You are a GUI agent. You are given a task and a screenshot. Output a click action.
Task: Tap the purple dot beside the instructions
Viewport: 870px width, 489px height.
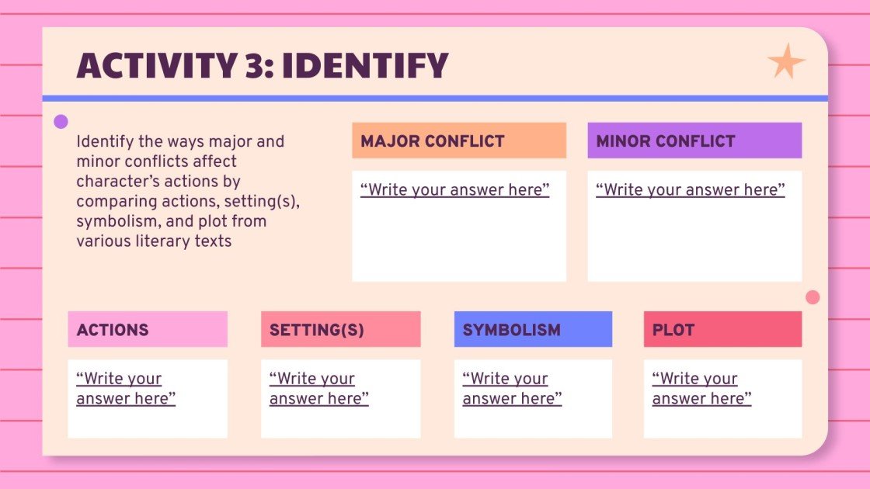point(61,121)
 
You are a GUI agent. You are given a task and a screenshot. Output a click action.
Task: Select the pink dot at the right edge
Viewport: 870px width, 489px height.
point(813,297)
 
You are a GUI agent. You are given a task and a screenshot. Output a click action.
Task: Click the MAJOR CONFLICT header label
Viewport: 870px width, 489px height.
point(432,141)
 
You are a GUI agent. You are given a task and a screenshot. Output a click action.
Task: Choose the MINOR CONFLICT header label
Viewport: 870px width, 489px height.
point(665,141)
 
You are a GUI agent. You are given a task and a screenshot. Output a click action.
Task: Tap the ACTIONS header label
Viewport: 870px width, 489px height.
point(113,330)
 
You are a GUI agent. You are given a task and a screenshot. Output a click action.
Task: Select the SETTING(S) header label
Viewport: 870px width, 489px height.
point(317,330)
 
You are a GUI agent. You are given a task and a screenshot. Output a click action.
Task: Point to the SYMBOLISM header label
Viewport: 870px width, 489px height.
point(512,330)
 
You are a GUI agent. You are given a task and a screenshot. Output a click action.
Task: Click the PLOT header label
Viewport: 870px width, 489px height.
point(673,330)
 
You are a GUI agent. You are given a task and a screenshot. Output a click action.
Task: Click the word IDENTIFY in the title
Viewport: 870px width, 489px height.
point(365,65)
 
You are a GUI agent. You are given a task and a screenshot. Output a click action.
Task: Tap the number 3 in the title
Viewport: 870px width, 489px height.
point(256,65)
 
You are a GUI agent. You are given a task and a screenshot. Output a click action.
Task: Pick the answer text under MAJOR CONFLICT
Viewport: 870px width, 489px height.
point(455,189)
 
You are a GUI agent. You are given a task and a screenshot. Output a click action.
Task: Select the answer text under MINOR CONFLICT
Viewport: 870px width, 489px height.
point(691,189)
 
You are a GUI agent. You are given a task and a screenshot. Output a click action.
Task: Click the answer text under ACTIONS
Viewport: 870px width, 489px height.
point(126,388)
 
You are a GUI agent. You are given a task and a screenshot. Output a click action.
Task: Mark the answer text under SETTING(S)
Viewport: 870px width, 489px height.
point(319,388)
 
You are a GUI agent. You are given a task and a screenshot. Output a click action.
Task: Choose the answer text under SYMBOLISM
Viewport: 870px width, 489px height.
point(512,388)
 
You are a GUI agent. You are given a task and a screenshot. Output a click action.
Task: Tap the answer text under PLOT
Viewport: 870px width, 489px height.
point(702,388)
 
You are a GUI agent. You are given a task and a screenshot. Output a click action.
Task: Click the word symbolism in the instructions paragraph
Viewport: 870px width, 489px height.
point(119,221)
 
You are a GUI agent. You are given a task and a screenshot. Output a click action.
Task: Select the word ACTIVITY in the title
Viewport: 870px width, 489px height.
point(157,65)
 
